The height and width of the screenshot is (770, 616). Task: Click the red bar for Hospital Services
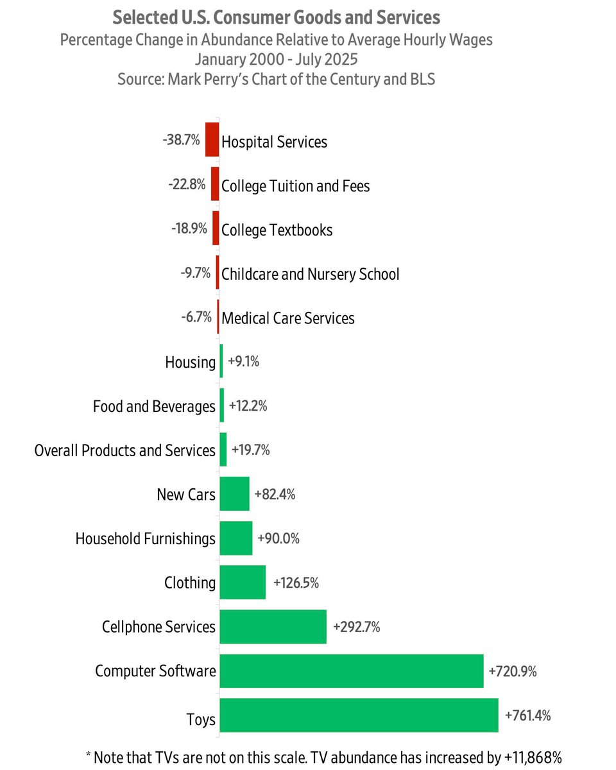(x=212, y=140)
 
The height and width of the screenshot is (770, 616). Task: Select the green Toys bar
(x=359, y=715)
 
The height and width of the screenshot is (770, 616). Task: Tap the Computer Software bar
(x=351, y=671)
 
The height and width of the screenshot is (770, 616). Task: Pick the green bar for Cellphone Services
(x=273, y=627)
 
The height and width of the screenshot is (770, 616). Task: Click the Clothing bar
(x=243, y=583)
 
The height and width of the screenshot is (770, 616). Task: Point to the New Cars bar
(x=234, y=494)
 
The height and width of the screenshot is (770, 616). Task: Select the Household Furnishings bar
(x=235, y=538)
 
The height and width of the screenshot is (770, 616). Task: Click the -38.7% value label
(x=182, y=140)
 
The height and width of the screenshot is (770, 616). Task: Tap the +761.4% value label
(x=527, y=715)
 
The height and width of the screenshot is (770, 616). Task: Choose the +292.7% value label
(x=356, y=627)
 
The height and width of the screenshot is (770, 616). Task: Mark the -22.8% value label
(x=187, y=185)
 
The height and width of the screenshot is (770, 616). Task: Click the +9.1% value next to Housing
(x=243, y=362)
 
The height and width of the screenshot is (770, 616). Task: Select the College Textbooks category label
(x=277, y=230)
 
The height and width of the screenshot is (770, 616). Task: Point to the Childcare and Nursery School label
(x=310, y=274)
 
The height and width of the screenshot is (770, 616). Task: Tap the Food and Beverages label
(x=154, y=406)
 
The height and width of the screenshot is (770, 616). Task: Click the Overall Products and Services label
(x=125, y=450)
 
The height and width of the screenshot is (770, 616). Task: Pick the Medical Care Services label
(x=287, y=318)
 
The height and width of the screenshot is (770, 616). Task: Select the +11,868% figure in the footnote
(x=534, y=757)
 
